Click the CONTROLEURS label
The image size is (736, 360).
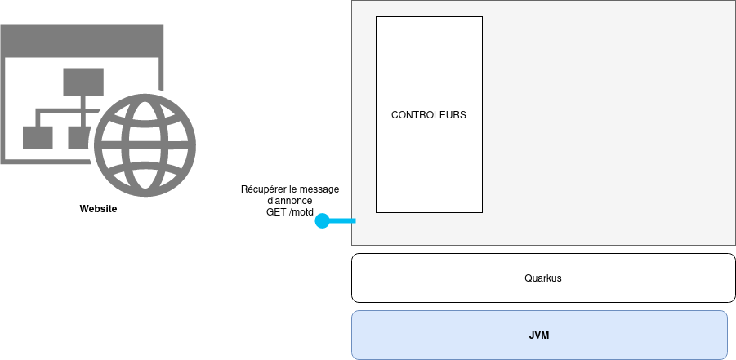pyautogui.click(x=428, y=115)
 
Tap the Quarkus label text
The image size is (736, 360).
pyautogui.click(x=542, y=278)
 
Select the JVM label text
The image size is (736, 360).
pyautogui.click(x=539, y=335)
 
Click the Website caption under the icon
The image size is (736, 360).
pyautogui.click(x=98, y=209)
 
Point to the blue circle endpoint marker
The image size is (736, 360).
pyautogui.click(x=322, y=221)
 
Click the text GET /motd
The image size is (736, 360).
pyautogui.click(x=290, y=212)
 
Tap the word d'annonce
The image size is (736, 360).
pyautogui.click(x=290, y=201)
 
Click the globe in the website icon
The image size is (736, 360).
pyautogui.click(x=145, y=144)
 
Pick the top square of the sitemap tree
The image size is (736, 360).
pyautogui.click(x=83, y=82)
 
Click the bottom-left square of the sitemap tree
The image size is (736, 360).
pyautogui.click(x=38, y=137)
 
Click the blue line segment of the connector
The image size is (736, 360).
pyautogui.click(x=343, y=221)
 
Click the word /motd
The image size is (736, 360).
pyautogui.click(x=301, y=212)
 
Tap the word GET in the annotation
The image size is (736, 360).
pyautogui.click(x=276, y=212)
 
